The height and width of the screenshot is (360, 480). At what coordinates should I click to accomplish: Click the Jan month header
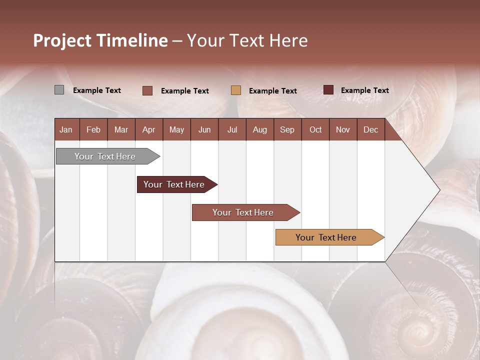click(x=66, y=129)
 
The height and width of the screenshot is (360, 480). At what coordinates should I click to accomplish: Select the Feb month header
click(x=93, y=129)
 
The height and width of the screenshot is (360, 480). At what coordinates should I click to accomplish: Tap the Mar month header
click(x=121, y=129)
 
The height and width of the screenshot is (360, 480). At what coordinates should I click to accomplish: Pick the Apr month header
click(x=149, y=129)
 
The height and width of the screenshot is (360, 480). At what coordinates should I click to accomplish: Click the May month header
click(x=176, y=129)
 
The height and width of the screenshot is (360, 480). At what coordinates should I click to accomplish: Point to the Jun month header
click(x=204, y=129)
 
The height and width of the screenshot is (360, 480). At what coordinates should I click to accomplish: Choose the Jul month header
click(x=232, y=129)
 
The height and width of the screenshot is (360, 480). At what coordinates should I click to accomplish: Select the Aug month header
click(x=260, y=129)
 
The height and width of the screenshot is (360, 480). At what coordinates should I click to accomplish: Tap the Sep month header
click(x=287, y=129)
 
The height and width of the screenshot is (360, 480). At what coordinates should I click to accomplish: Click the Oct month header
click(x=315, y=129)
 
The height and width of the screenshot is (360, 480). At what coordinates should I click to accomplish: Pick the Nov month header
click(x=343, y=129)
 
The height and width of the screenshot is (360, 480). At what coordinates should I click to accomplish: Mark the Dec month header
click(x=371, y=129)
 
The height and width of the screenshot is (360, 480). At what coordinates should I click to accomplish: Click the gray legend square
click(x=59, y=90)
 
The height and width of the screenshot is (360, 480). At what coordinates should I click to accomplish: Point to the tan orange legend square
click(x=236, y=90)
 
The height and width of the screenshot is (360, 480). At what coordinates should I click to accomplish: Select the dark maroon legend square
click(x=328, y=90)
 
